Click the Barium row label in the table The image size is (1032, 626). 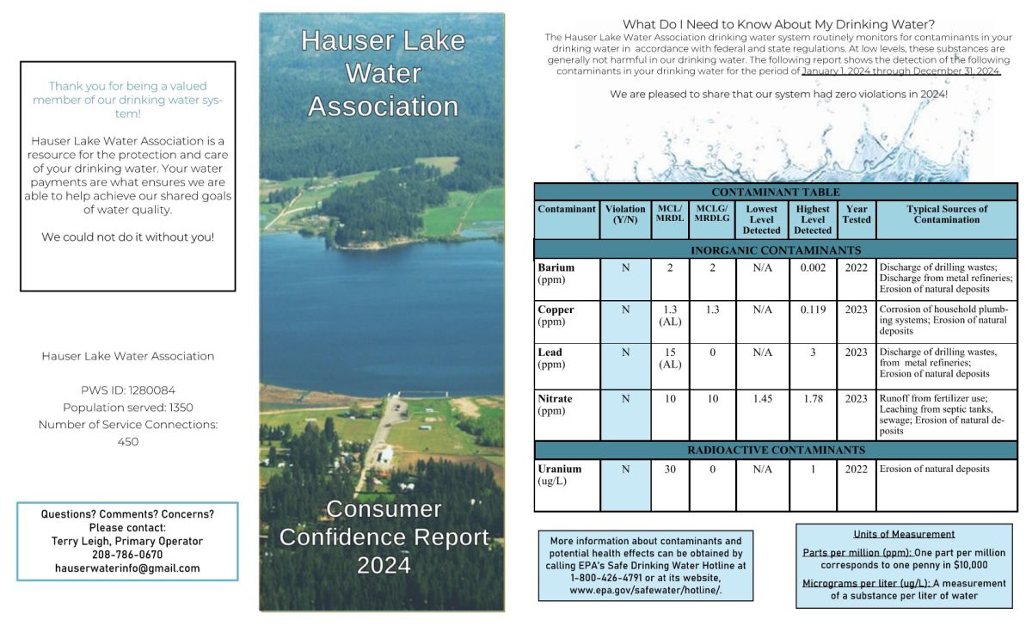[556, 267]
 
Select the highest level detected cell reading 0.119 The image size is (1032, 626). [813, 310]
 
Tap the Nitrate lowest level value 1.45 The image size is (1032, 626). [762, 399]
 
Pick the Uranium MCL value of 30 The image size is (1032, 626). [670, 470]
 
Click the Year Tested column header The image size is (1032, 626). [857, 214]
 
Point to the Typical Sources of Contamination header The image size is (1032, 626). [947, 214]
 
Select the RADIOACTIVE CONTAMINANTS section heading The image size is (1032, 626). [776, 451]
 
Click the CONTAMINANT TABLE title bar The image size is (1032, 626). [776, 192]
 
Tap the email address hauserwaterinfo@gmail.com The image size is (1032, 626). [127, 568]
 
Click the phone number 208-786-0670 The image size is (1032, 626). [127, 555]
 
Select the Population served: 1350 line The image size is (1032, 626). [127, 408]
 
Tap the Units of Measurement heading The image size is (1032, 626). [904, 534]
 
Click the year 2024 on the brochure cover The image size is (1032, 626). [384, 565]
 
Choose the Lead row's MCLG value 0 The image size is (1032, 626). [712, 353]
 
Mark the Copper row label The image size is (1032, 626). [556, 310]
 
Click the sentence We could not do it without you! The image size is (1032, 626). [127, 237]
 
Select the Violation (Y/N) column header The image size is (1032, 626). [625, 214]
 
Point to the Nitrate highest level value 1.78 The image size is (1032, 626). [813, 399]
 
